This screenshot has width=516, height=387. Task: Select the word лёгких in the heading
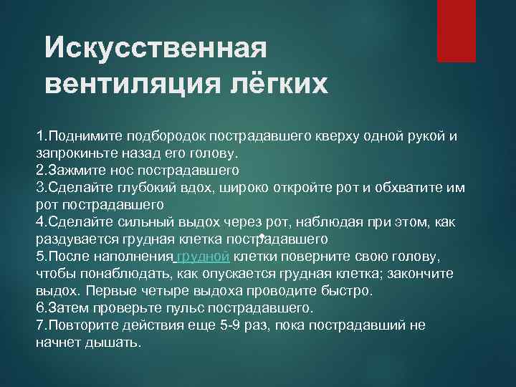click(x=279, y=85)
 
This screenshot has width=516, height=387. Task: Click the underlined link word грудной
click(x=202, y=256)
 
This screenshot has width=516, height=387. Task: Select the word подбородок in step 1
click(x=166, y=135)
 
